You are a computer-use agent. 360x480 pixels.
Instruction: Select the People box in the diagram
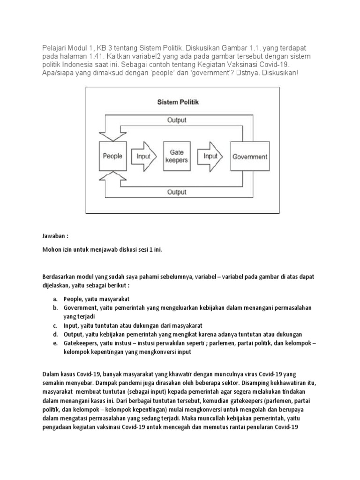click(x=112, y=157)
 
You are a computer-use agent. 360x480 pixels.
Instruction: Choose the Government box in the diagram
click(x=250, y=157)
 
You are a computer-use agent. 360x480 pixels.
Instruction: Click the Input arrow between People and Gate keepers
click(x=143, y=157)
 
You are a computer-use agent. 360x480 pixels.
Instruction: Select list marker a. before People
click(x=55, y=299)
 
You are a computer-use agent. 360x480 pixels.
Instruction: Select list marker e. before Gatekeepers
click(x=55, y=343)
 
